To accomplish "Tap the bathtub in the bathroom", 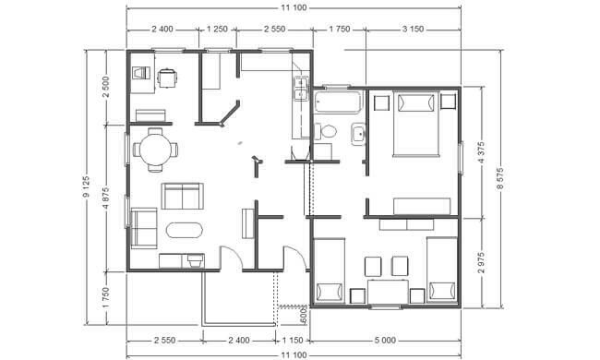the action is pos(337,102).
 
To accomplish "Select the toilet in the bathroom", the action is pos(325,131).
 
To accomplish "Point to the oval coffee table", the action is pos(185,231).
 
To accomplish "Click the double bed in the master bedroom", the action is pos(415,124).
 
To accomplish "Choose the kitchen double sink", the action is pos(301,88).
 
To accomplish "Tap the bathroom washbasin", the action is pos(358,134).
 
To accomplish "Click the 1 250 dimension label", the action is pos(217,29).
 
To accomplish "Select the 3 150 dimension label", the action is pos(413,29).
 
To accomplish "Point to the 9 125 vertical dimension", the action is pos(86,187).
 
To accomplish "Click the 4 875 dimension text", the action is pos(106,198).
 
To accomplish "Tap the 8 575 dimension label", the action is pos(500,179).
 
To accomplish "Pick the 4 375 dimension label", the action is pos(481,152).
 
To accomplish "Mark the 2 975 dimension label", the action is pos(481,262).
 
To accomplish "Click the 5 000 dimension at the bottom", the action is pos(385,340).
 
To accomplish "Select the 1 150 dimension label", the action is pos(293,340).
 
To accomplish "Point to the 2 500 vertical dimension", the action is pos(106,87).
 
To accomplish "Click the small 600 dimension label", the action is pos(304,315).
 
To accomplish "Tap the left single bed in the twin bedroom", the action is pos(329,270).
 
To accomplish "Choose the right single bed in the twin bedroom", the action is pos(442,270).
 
